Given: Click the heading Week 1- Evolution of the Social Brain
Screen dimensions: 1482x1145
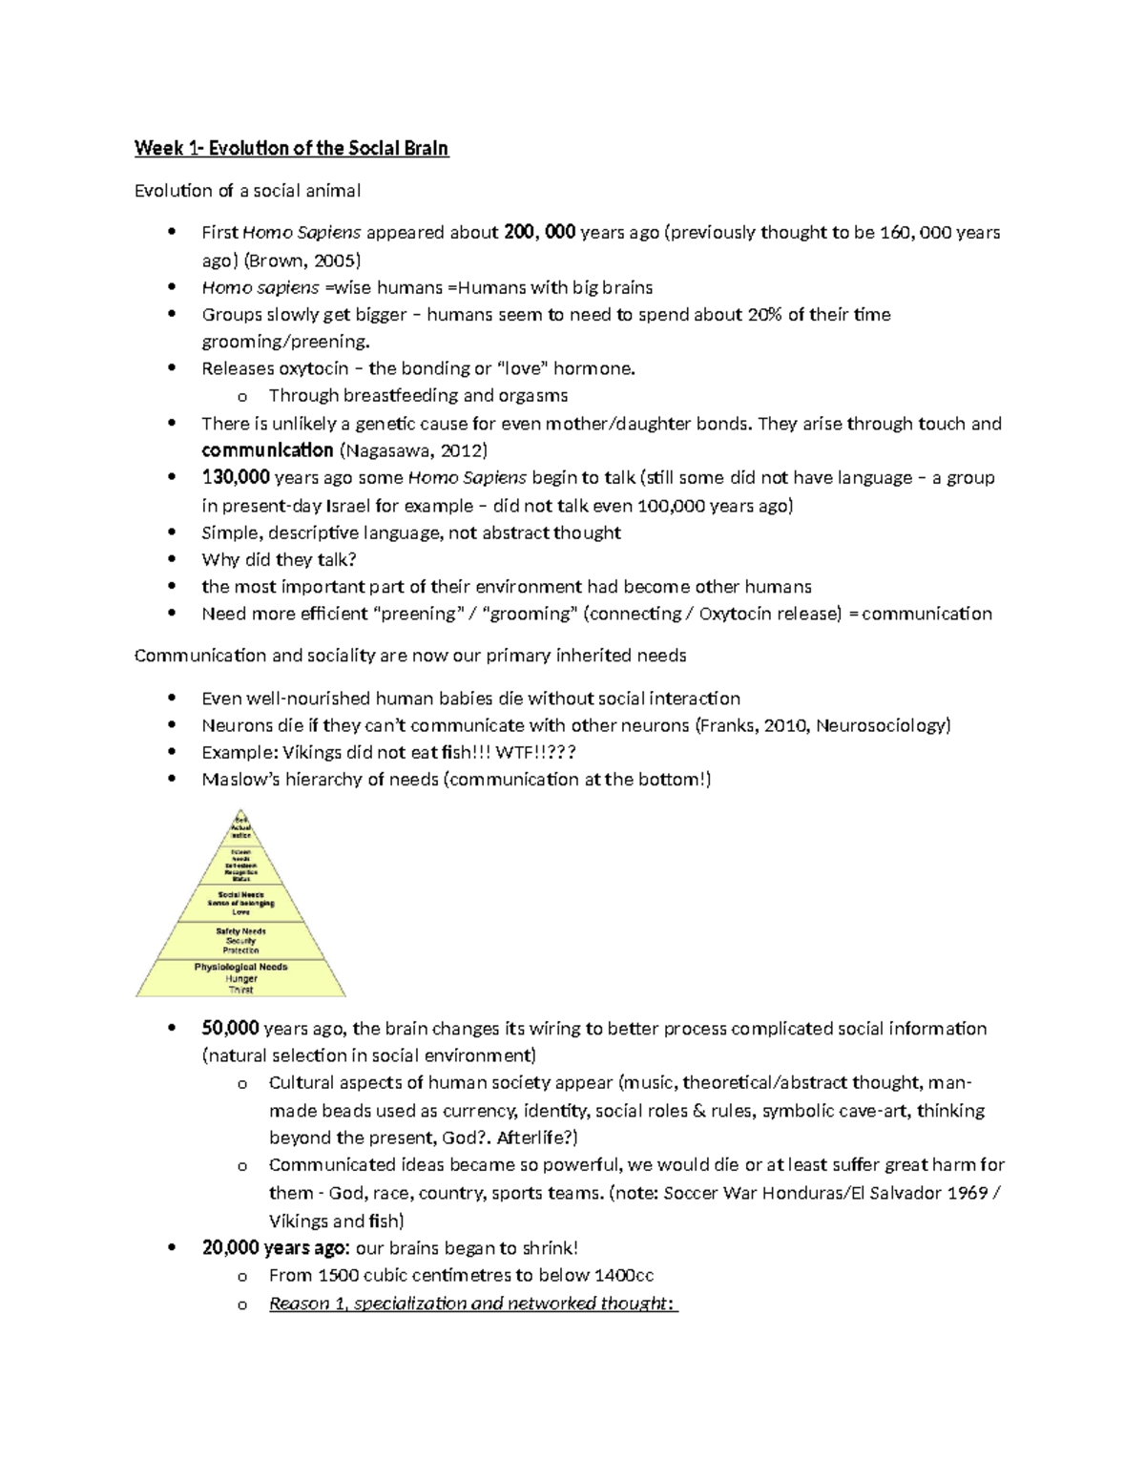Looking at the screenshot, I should coord(291,148).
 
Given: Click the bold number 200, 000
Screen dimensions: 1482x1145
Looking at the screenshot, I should coord(539,232).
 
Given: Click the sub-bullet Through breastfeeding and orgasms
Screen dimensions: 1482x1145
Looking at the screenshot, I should coord(418,395).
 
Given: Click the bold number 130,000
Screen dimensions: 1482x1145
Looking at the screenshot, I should coord(236,477).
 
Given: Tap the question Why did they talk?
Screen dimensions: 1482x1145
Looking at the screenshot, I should coord(279,559).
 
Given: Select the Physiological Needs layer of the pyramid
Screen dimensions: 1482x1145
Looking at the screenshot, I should coord(240,978).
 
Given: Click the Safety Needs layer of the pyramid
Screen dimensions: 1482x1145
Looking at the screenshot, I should coord(240,940).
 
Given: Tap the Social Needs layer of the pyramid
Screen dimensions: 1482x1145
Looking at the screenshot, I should coord(240,903).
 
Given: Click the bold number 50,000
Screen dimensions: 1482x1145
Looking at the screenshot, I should coord(230,1029).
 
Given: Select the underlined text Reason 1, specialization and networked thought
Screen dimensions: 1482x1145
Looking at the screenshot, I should coord(472,1304).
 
